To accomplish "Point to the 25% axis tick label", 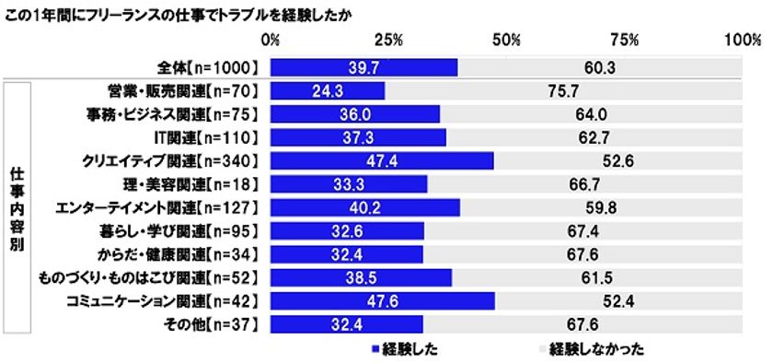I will tap(388, 41).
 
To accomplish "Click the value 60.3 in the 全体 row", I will tap(599, 68).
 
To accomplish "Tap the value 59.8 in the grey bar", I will tap(599, 207).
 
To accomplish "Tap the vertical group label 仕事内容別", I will tap(17, 207).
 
